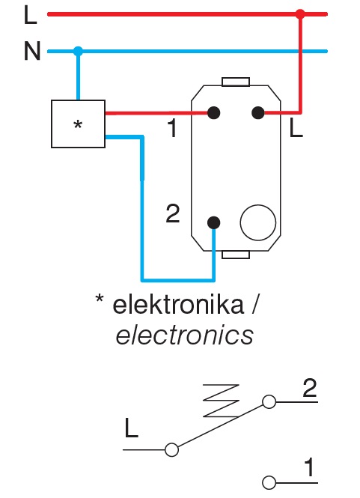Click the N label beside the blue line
(x=31, y=52)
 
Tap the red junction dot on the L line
(x=300, y=13)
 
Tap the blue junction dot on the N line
(x=78, y=52)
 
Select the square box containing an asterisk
(x=78, y=124)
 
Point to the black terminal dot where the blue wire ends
(x=214, y=222)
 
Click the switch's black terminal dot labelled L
(x=257, y=113)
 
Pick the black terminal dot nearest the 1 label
(x=214, y=113)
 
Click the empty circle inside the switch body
(x=258, y=222)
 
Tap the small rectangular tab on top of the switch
(x=236, y=81)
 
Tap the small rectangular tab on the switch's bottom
(x=236, y=255)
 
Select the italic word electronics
(x=184, y=335)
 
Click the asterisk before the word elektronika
(x=100, y=301)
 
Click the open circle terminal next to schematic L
(x=171, y=449)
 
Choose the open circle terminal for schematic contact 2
(x=269, y=402)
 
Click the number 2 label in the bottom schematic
(x=310, y=389)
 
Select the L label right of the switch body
(x=296, y=130)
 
